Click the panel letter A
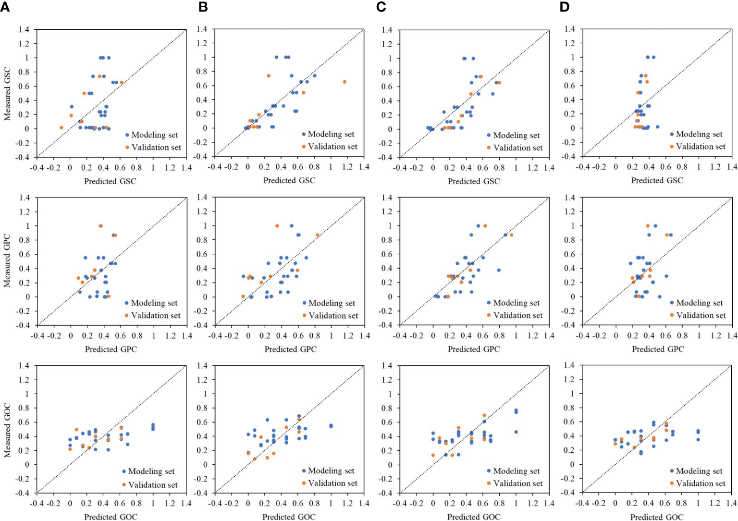(x=5, y=8)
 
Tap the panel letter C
(x=381, y=8)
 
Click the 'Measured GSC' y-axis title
(x=7, y=94)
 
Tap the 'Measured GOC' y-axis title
(x=7, y=430)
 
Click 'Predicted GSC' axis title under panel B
(x=289, y=180)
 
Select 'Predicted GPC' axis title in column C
(x=474, y=349)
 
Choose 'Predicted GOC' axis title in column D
(x=657, y=517)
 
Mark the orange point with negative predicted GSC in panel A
(x=61, y=127)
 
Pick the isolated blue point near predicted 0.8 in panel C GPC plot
(x=499, y=270)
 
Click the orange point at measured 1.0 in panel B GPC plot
(x=277, y=225)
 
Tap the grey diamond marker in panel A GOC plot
(x=37, y=493)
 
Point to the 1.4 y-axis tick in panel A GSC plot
(x=24, y=30)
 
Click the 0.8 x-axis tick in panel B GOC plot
(x=314, y=503)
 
